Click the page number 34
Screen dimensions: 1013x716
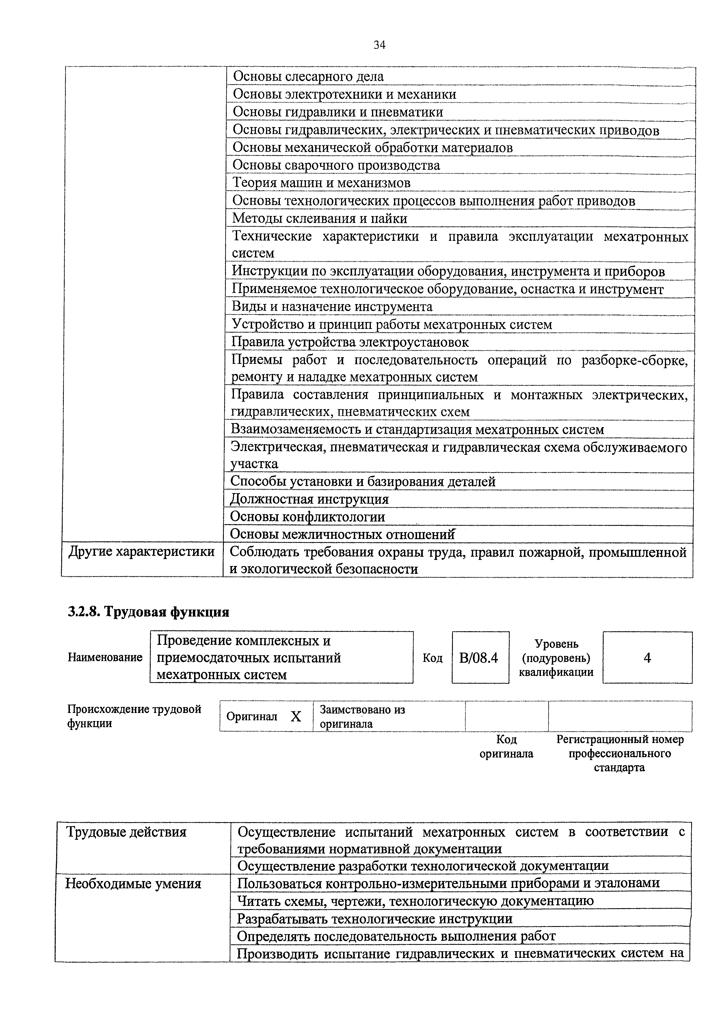pyautogui.click(x=380, y=45)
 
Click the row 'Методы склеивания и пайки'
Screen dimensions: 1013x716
pyautogui.click(x=319, y=218)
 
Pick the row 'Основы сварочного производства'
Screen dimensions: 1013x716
pyautogui.click(x=336, y=165)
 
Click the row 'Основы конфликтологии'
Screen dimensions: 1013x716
pyautogui.click(x=308, y=517)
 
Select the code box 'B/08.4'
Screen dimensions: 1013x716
pyautogui.click(x=480, y=658)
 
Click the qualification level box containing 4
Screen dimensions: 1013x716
pyautogui.click(x=647, y=658)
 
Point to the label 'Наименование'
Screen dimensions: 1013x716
pyautogui.click(x=105, y=658)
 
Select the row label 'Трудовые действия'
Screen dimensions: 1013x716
pyautogui.click(x=126, y=832)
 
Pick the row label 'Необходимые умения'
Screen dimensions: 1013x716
pyautogui.click(x=133, y=884)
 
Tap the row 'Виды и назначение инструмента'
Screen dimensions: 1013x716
pyautogui.click(x=332, y=307)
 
